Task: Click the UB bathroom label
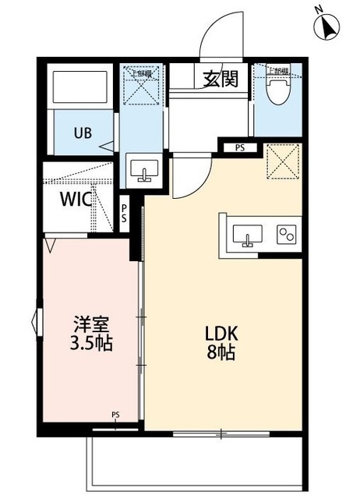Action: point(83,133)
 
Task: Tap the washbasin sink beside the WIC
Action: point(143,171)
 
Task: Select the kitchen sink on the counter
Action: point(249,233)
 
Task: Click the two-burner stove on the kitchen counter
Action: point(285,232)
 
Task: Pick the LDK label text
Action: point(221,334)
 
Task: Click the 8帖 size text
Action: point(221,352)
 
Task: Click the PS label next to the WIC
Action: point(124,214)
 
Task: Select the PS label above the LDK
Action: point(239,146)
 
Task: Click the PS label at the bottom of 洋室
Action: point(115,414)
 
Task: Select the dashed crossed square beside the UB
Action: point(142,87)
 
